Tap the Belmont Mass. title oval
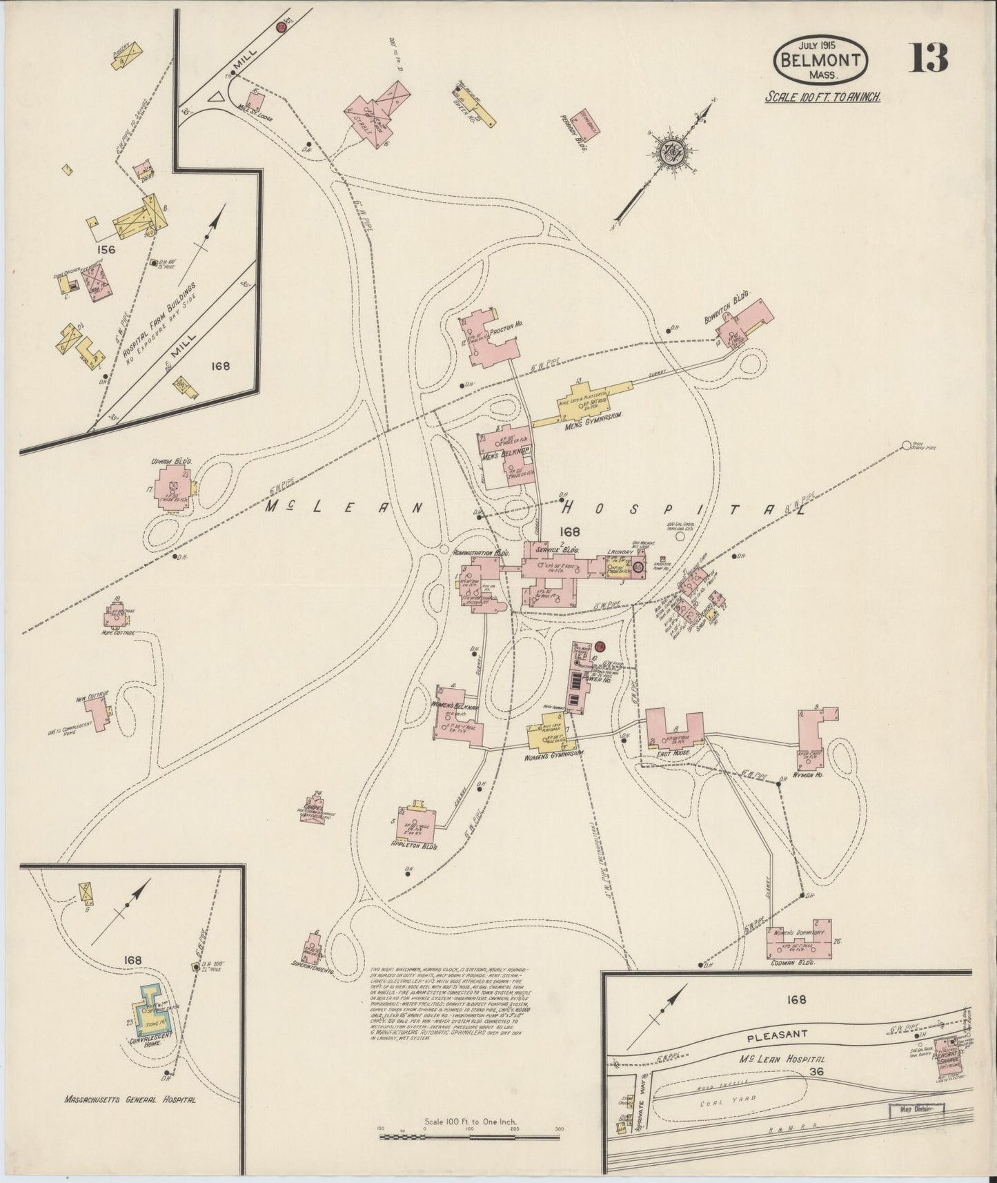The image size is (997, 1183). pyautogui.click(x=821, y=60)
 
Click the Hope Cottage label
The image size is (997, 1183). pyautogui.click(x=119, y=632)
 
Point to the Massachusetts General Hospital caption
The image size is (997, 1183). pyautogui.click(x=130, y=1099)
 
